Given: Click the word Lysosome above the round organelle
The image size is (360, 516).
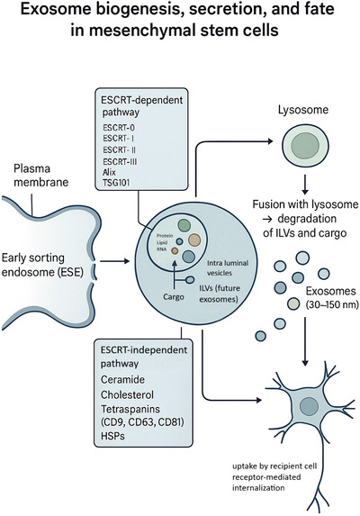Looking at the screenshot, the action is [x=303, y=110].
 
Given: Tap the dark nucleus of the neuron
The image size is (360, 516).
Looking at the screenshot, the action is [x=309, y=406].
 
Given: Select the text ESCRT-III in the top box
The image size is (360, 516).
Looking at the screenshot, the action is [x=120, y=161].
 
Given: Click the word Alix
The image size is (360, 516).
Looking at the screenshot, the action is [x=109, y=172].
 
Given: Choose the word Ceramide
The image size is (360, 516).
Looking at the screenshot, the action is [x=122, y=379].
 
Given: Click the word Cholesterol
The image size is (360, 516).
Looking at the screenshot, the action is [x=127, y=394].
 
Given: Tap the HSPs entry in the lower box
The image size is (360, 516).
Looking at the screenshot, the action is [x=112, y=436].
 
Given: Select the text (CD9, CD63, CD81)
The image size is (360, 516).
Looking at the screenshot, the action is [x=142, y=421].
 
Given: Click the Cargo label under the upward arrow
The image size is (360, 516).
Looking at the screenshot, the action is [x=174, y=297].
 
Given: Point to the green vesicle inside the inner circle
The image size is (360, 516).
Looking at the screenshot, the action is [x=184, y=225].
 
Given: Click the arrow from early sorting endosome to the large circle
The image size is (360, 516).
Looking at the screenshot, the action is [x=114, y=261].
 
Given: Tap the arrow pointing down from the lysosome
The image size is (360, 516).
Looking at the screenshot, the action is [x=305, y=185].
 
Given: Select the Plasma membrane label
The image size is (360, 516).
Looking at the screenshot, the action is [x=41, y=176].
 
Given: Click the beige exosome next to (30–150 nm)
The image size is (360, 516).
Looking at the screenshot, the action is [x=293, y=303].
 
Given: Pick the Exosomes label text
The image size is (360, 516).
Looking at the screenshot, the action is [x=330, y=291].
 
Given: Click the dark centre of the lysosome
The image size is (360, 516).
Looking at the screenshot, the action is [x=305, y=145].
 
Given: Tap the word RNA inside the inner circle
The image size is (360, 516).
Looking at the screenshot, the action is [x=161, y=249].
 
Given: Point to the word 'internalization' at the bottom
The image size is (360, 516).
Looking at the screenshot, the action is [x=258, y=487].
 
